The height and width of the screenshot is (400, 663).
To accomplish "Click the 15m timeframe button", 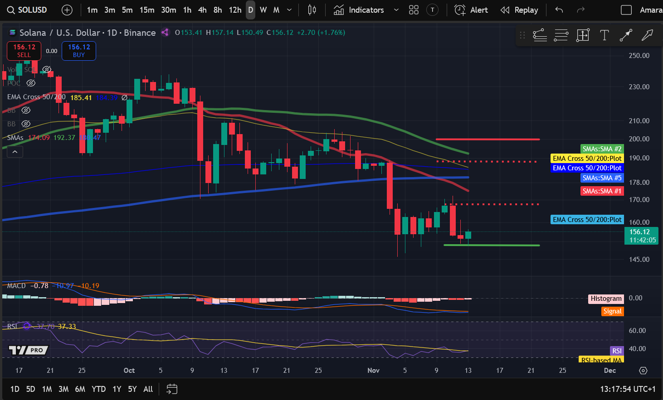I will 146,10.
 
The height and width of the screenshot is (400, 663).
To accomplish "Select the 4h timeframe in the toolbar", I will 202,10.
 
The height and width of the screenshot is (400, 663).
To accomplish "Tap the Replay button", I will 519,10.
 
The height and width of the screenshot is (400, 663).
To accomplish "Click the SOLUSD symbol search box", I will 27,10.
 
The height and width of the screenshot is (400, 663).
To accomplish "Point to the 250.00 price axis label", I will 639,56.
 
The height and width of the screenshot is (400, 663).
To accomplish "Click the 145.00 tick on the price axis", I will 639,260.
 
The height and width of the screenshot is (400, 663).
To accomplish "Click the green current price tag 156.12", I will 641,236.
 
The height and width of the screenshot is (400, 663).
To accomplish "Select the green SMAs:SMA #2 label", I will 602,149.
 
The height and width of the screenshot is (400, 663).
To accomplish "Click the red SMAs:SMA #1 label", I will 602,191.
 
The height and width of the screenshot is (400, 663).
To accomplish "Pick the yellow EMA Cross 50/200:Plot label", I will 587,159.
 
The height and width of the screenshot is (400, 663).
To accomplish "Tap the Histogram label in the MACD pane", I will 606,299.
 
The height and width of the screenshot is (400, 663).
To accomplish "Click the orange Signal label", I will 612,311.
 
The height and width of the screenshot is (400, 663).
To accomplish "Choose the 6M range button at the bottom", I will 80,389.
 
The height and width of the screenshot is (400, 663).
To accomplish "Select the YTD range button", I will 98,389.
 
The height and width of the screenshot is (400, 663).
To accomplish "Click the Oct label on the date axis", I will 129,371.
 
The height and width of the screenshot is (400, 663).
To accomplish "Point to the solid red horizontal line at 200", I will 487,139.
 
